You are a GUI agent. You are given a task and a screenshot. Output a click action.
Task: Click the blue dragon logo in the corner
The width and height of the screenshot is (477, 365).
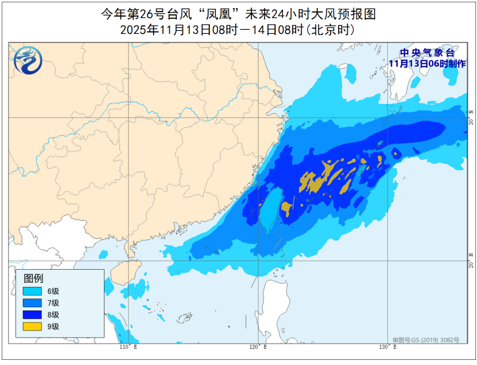(x=27, y=61)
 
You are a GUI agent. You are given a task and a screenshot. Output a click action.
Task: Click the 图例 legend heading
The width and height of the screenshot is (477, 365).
(x=33, y=278)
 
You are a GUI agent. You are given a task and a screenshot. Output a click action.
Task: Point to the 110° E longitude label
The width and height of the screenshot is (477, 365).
(x=128, y=347)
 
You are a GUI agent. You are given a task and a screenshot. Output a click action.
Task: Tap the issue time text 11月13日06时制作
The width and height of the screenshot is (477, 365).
(x=426, y=63)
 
